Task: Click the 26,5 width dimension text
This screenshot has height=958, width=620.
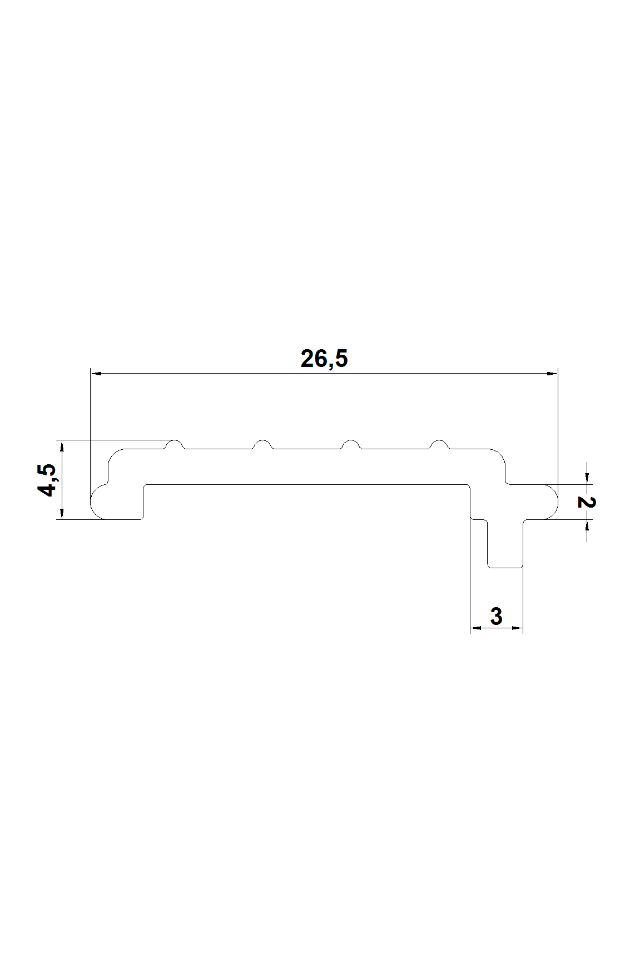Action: (324, 359)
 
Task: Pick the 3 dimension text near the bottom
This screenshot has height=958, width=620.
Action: (497, 616)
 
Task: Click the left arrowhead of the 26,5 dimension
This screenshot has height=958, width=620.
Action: (95, 373)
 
